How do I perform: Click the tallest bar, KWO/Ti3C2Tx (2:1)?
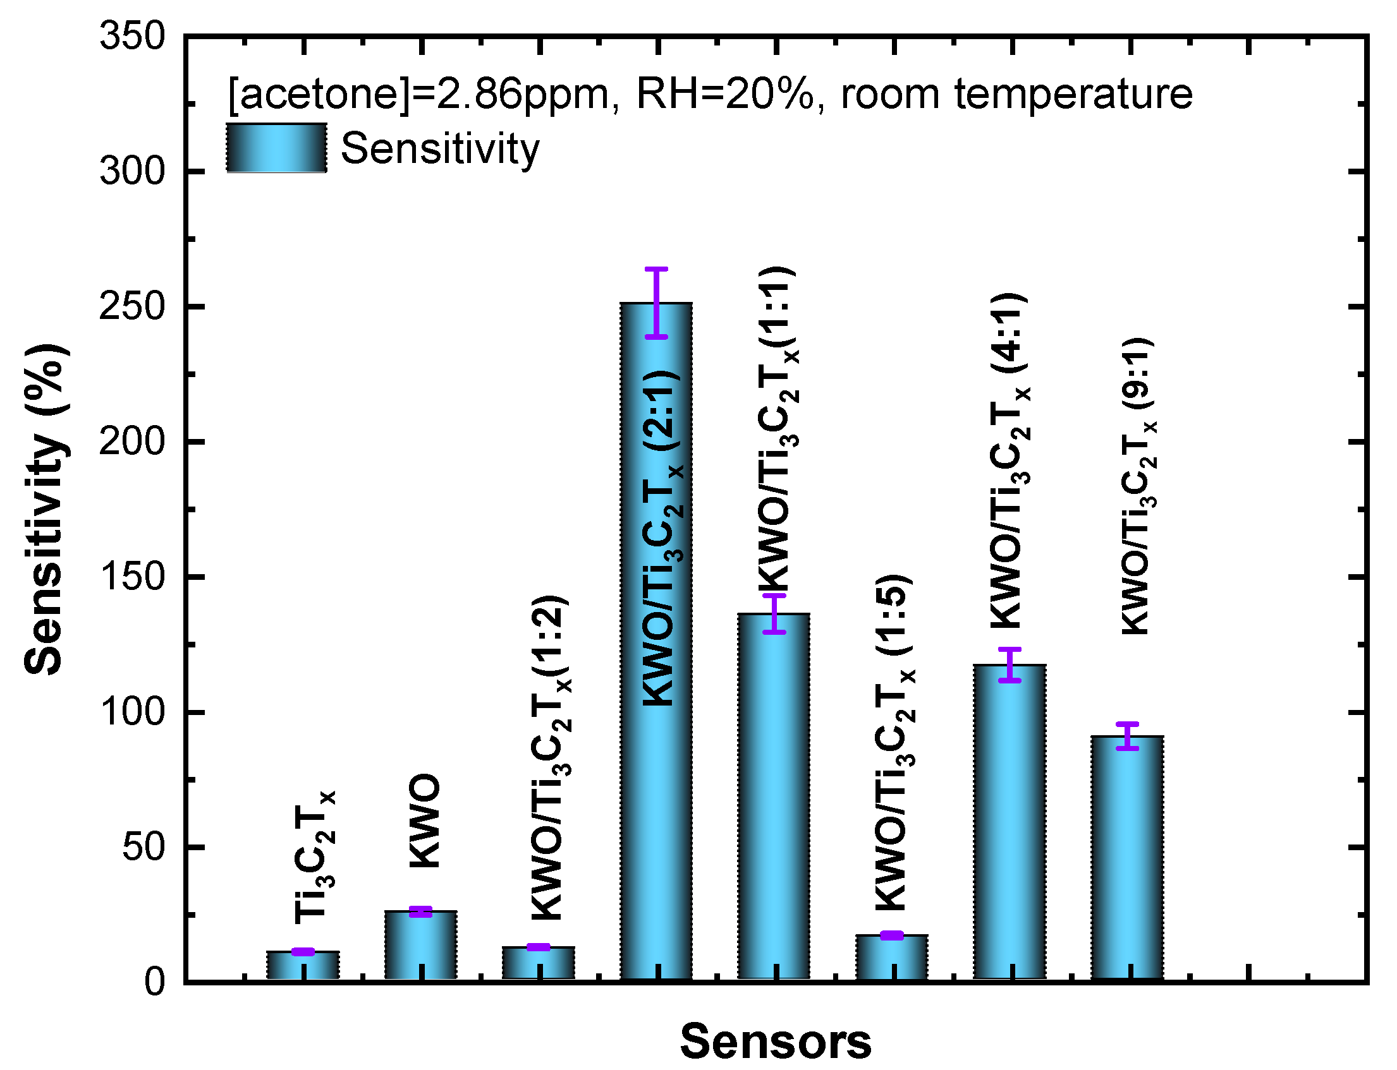(x=656, y=828)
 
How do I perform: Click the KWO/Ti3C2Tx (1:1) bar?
(x=774, y=796)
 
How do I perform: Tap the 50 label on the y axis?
(x=143, y=847)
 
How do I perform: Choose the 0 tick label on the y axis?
(x=155, y=982)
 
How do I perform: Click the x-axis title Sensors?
(x=775, y=1042)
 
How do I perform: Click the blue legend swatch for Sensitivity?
(x=277, y=148)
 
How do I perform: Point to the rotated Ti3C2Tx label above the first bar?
(x=314, y=857)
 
